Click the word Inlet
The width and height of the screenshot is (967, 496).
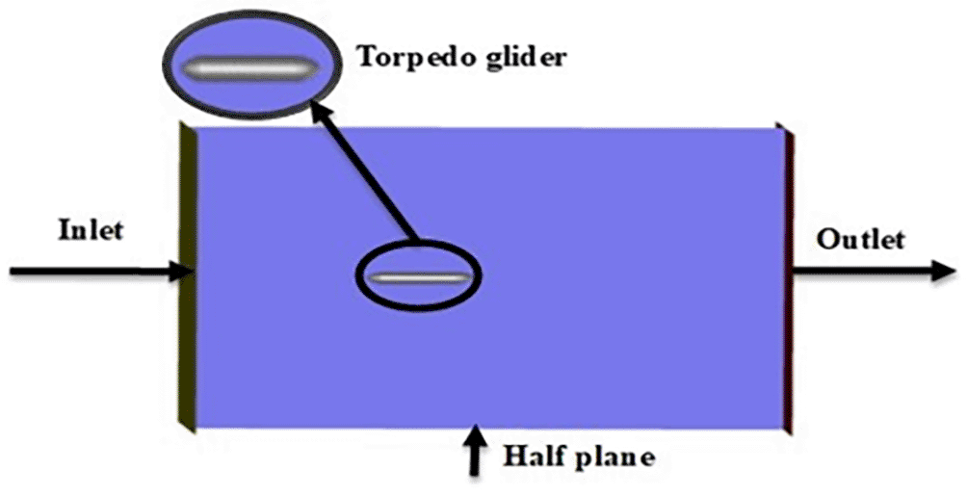coord(91,231)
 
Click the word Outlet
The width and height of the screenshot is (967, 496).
coord(861,240)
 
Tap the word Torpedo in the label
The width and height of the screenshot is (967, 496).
coord(410,58)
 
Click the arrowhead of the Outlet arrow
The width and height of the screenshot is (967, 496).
coord(944,271)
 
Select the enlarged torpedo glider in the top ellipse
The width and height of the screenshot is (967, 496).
coord(250,67)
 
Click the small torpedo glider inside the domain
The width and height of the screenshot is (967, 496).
coord(418,277)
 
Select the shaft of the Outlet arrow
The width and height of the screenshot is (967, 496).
coord(862,271)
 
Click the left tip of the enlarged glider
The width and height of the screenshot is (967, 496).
coord(183,67)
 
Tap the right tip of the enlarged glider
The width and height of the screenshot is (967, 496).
coord(318,67)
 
